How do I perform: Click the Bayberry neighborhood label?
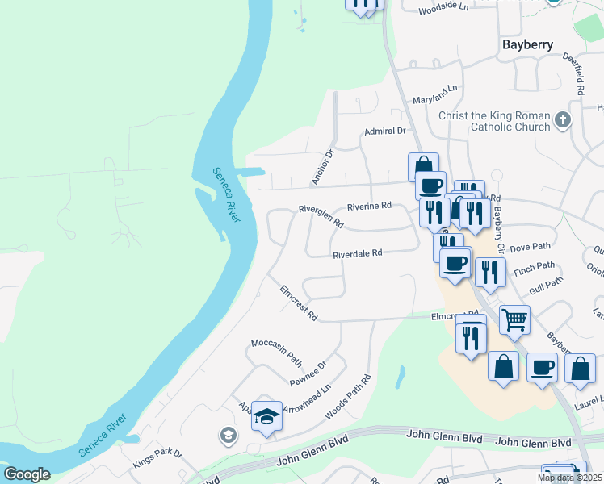tap(527, 44)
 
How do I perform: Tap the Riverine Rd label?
tap(369, 207)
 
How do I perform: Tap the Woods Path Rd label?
tap(348, 397)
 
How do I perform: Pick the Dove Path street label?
tap(531, 247)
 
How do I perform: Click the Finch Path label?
tap(535, 265)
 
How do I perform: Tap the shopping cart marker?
tap(514, 319)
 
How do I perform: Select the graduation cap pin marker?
tap(266, 415)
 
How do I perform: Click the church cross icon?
tap(564, 122)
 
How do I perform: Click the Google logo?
tap(27, 474)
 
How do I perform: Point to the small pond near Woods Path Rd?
tap(401, 376)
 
